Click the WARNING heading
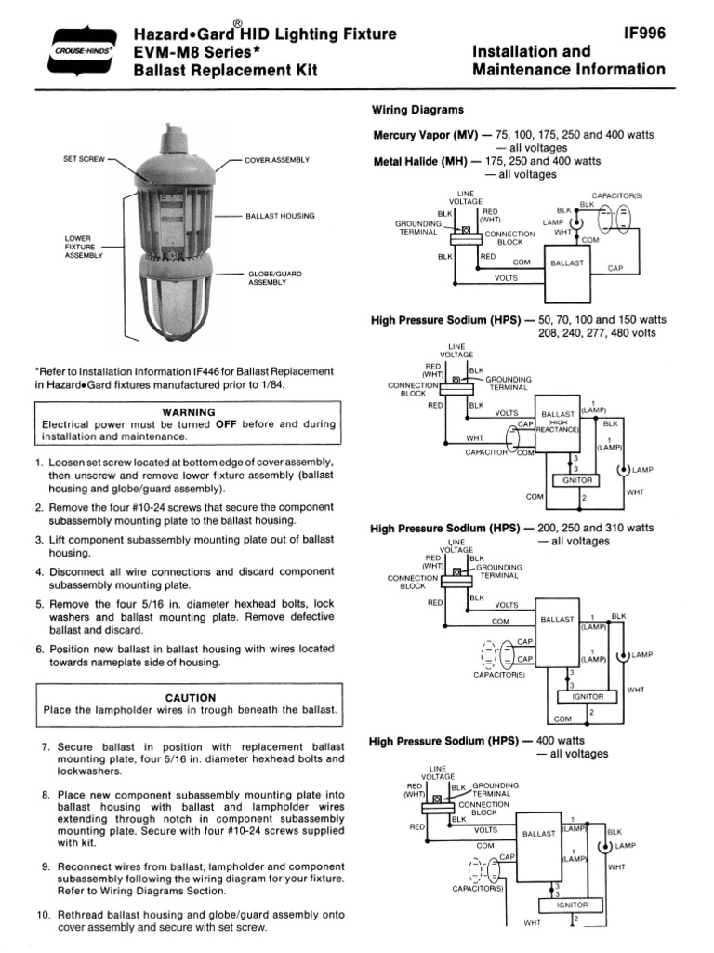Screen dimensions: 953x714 tap(189, 411)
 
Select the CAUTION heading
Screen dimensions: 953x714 tap(190, 697)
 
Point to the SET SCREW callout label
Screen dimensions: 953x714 tap(82, 159)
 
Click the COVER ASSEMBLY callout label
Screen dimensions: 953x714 tap(277, 160)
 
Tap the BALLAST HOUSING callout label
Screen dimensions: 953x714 tap(280, 216)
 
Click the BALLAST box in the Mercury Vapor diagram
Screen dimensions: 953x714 tap(567, 263)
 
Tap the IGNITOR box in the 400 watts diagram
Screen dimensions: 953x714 tap(572, 904)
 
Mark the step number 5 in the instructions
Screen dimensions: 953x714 tap(40, 604)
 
